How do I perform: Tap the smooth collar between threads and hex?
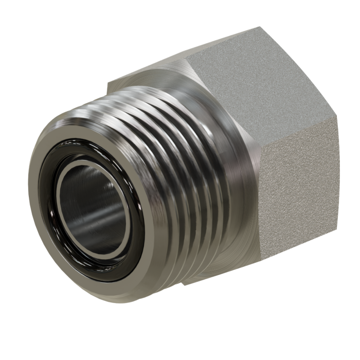coord(231,154)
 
